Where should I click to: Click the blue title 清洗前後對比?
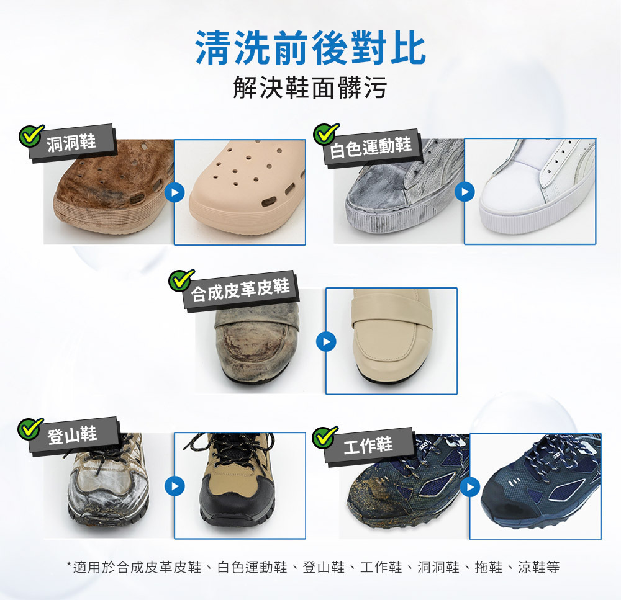[310, 48]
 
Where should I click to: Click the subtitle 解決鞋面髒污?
[310, 87]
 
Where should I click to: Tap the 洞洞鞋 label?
[71, 142]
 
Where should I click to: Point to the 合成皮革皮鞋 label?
[240, 290]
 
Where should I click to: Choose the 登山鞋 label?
[73, 434]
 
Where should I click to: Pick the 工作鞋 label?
[368, 445]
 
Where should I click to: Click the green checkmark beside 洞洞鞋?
[31, 135]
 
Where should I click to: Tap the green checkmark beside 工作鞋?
[325, 437]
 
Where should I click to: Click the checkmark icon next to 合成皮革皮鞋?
[181, 280]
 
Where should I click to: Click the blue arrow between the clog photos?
[175, 193]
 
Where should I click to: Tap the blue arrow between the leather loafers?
[327, 341]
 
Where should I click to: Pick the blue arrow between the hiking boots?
[175, 486]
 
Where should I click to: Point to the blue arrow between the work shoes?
[470, 486]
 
